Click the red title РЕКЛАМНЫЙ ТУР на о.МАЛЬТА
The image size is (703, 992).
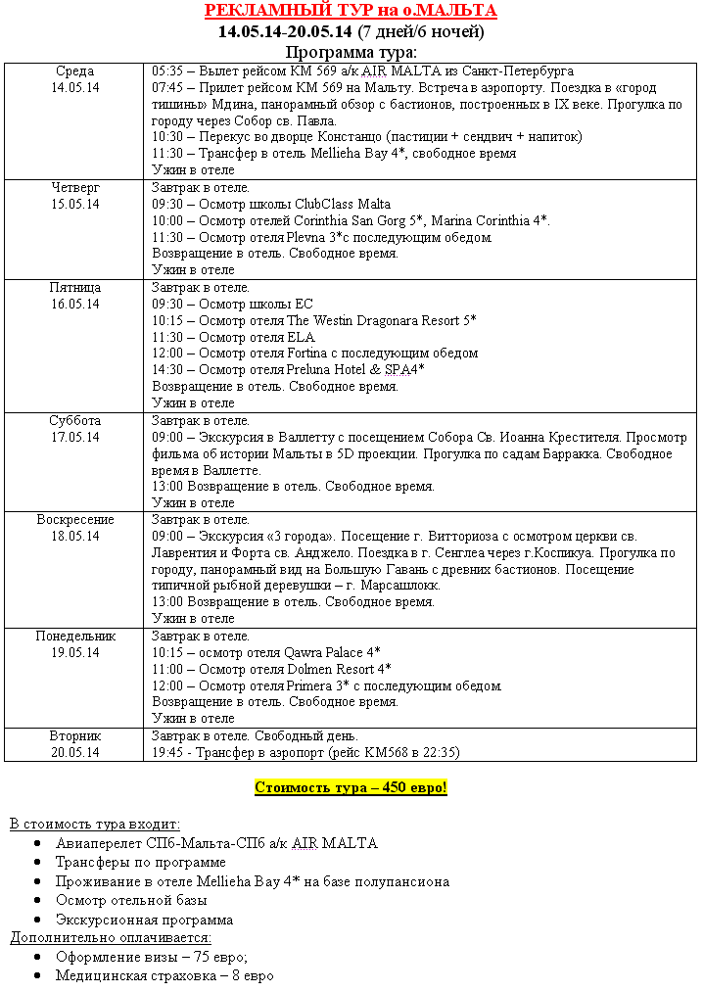pyautogui.click(x=351, y=11)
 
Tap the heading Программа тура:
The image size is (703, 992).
pyautogui.click(x=351, y=52)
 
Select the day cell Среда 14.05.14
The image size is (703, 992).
pyautogui.click(x=74, y=79)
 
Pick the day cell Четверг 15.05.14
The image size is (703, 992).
pyautogui.click(x=74, y=196)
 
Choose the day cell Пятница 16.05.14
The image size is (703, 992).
pyautogui.click(x=74, y=296)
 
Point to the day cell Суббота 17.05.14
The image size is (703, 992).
pyautogui.click(x=74, y=429)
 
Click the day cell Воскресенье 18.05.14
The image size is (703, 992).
pyautogui.click(x=74, y=528)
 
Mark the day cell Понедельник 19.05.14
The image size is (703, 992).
pyautogui.click(x=74, y=644)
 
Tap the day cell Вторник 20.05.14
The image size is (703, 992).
pyautogui.click(x=74, y=744)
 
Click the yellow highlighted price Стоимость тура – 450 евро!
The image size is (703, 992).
pyautogui.click(x=351, y=787)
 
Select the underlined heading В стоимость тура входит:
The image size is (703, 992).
pyautogui.click(x=95, y=825)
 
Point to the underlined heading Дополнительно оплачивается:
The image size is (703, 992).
pyautogui.click(x=111, y=937)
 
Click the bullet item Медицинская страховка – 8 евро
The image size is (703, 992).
pyautogui.click(x=164, y=975)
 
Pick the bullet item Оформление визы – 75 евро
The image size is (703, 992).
pyautogui.click(x=152, y=957)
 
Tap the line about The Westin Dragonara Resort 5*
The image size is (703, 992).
pyautogui.click(x=314, y=320)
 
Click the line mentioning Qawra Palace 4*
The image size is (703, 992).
pyautogui.click(x=266, y=652)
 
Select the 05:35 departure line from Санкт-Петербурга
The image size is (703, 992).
pyautogui.click(x=362, y=71)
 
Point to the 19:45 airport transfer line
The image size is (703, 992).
pyautogui.click(x=305, y=752)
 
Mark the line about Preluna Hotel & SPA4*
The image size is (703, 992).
pyautogui.click(x=288, y=369)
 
